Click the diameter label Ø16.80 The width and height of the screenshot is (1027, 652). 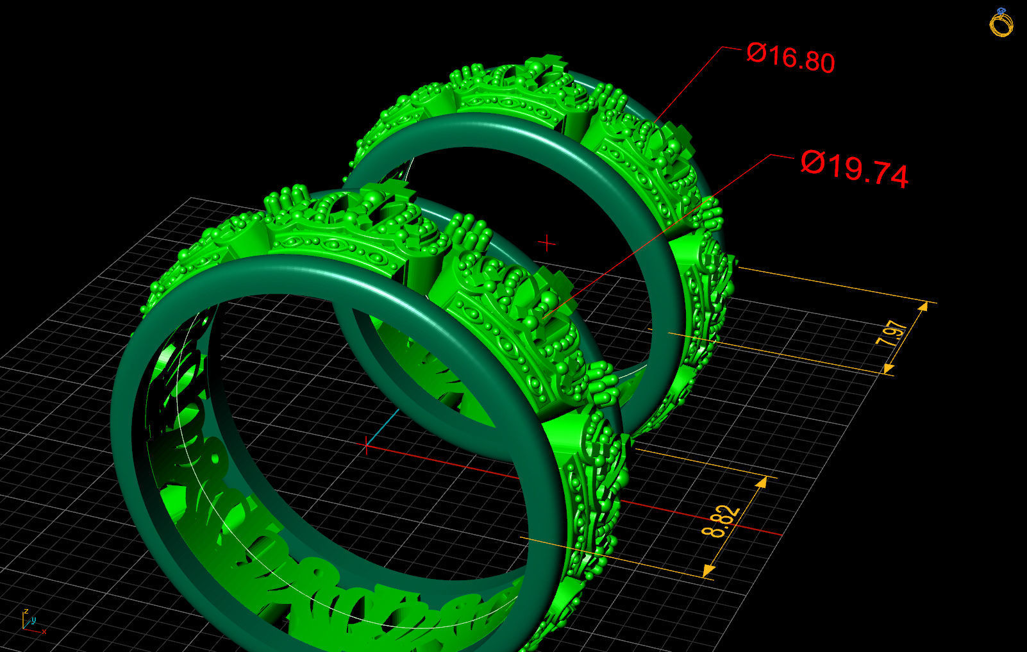click(x=790, y=58)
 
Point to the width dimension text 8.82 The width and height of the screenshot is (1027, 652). click(x=721, y=522)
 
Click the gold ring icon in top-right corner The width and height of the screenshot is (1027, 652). click(x=1001, y=23)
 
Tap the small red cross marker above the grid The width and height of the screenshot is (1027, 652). click(x=547, y=243)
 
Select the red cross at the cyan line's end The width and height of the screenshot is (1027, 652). click(x=366, y=444)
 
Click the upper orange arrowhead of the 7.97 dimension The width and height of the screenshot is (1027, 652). click(x=923, y=307)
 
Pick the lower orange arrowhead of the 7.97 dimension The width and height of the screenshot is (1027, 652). click(x=889, y=367)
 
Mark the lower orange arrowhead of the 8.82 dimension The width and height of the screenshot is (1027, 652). click(x=708, y=570)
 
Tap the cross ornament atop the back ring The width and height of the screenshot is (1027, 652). click(x=550, y=63)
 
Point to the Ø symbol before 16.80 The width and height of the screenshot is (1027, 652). click(x=756, y=53)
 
